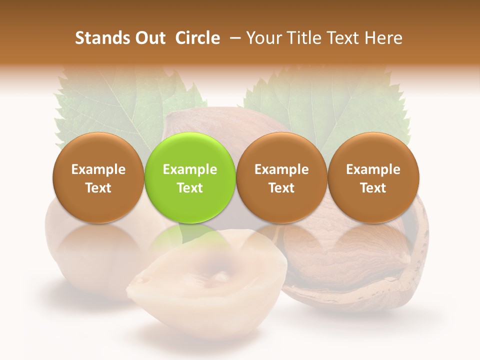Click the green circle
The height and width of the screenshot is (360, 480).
(x=190, y=178)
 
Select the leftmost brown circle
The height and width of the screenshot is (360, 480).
(x=98, y=178)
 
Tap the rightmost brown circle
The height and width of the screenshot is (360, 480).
(x=373, y=178)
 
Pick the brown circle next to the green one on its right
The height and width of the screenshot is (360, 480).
(x=281, y=178)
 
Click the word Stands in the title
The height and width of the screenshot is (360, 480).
(x=100, y=38)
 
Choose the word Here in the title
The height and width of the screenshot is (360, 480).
(x=384, y=38)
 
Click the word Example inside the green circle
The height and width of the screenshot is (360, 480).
(x=190, y=169)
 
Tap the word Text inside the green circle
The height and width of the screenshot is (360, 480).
(x=190, y=188)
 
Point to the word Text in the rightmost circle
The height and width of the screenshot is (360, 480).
(x=373, y=188)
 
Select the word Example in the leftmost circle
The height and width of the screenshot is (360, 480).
(x=98, y=169)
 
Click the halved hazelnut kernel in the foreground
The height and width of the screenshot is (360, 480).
(x=205, y=280)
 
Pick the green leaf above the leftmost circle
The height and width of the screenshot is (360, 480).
(x=115, y=105)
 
